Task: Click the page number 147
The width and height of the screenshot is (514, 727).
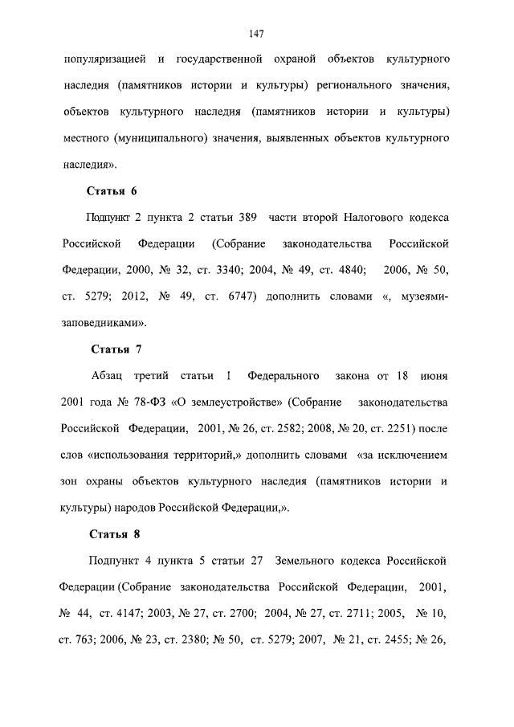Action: (x=257, y=33)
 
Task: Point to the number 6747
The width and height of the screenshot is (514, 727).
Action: (x=238, y=296)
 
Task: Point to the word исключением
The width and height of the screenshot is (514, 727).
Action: (x=409, y=454)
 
